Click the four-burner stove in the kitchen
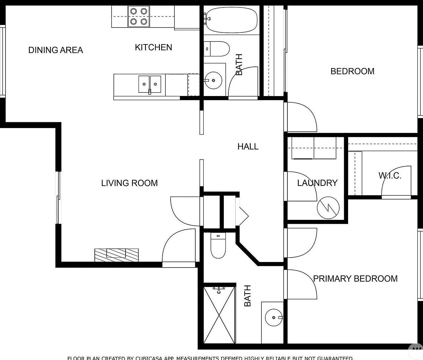[139, 17]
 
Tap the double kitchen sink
[150, 84]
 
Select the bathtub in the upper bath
[232, 20]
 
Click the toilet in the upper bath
[216, 48]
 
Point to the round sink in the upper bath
[213, 80]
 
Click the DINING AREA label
[56, 50]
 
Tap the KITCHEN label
[153, 47]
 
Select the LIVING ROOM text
[129, 183]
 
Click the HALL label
[248, 147]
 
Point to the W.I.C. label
[390, 176]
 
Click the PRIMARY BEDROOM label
[355, 279]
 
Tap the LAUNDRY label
[317, 183]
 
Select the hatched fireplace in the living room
[116, 255]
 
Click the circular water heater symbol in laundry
[328, 208]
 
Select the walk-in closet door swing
[395, 183]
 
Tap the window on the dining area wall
[2, 61]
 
